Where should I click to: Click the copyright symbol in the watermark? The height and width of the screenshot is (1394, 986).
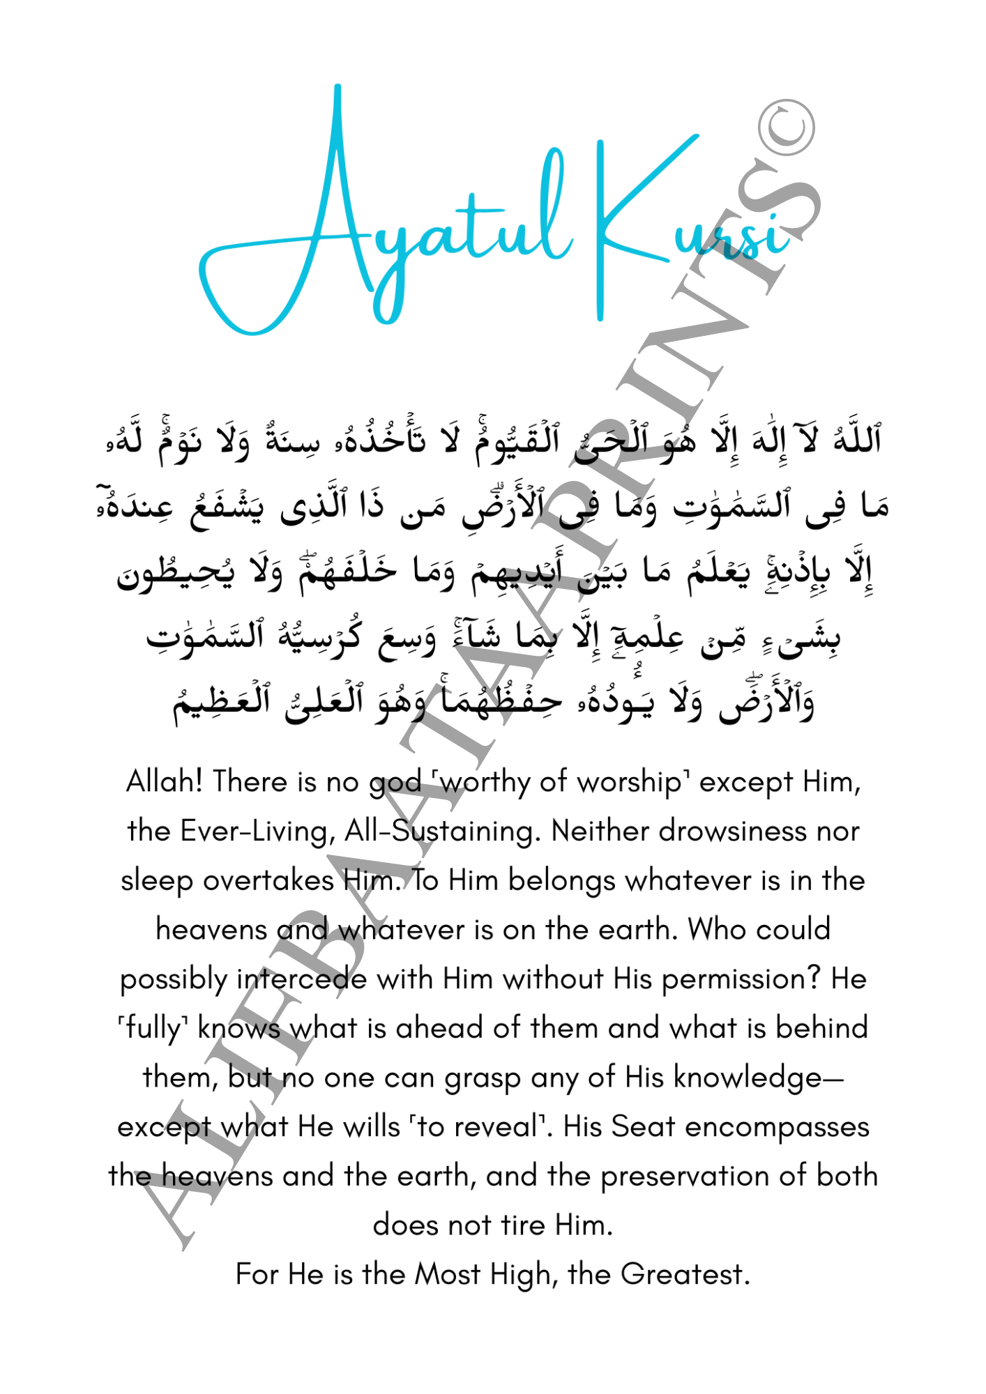(786, 128)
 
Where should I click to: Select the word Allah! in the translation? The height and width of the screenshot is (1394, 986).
(164, 782)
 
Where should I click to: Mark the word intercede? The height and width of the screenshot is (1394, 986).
(302, 979)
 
